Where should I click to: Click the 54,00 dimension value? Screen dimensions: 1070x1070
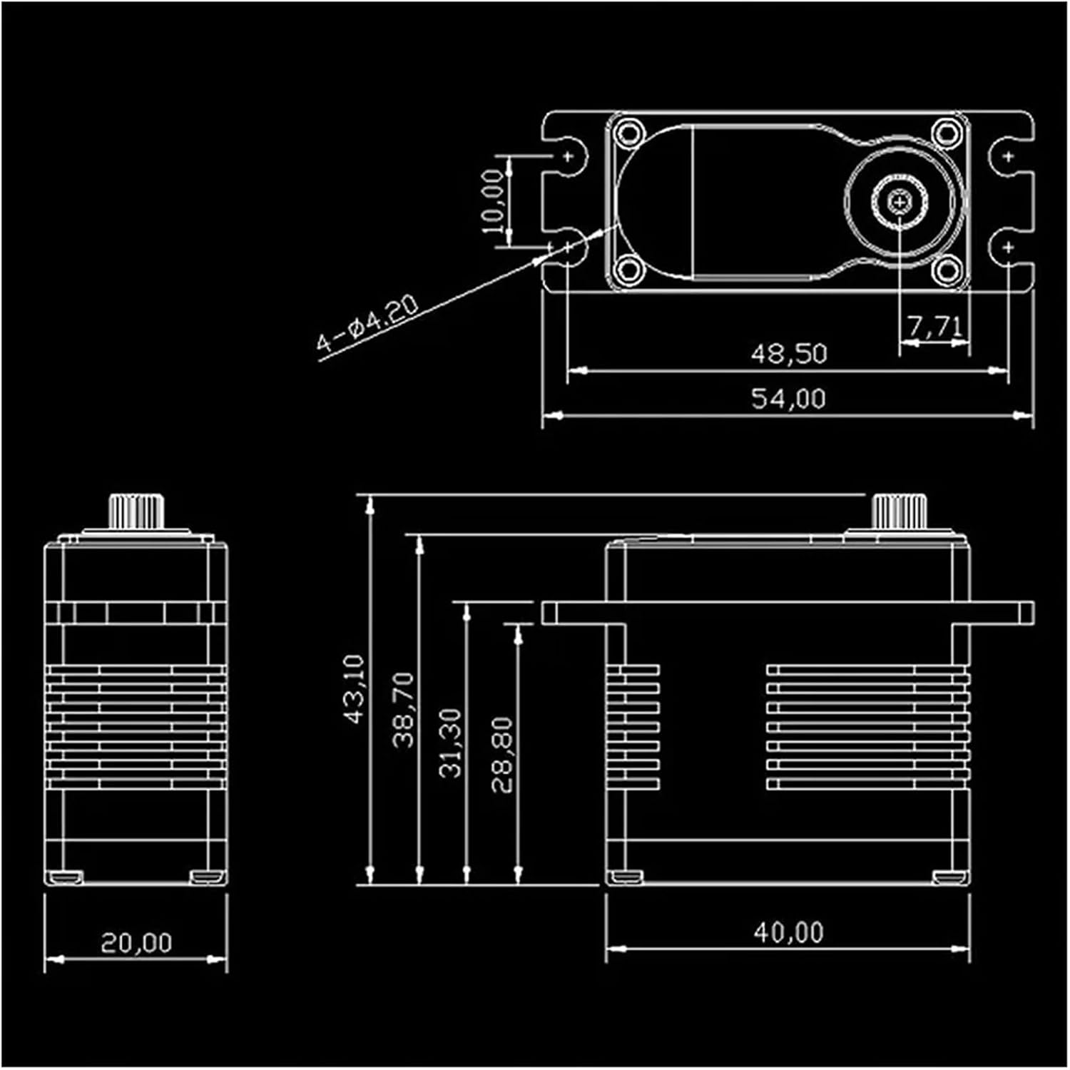click(788, 398)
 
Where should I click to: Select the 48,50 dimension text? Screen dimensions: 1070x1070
click(788, 354)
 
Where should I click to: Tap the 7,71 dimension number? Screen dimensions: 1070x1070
click(935, 327)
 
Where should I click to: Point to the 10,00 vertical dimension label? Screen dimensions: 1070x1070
click(493, 201)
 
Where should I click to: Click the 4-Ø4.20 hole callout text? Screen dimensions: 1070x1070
click(367, 324)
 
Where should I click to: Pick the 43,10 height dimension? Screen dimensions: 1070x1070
click(355, 689)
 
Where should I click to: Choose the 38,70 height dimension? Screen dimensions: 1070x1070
click(404, 710)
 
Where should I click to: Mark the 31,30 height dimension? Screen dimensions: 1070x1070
click(451, 743)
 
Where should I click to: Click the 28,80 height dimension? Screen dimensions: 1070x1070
click(502, 755)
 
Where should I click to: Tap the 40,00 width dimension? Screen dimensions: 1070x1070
click(788, 932)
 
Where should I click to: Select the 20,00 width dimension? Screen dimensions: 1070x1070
click(136, 943)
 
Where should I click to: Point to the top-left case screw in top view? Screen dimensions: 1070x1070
click(629, 133)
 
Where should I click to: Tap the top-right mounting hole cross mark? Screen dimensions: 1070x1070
click(1009, 156)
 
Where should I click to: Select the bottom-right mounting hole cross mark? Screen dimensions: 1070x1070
click(1009, 248)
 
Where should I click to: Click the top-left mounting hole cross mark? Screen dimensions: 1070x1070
click(569, 156)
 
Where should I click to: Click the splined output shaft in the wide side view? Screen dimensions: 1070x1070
click(899, 511)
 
